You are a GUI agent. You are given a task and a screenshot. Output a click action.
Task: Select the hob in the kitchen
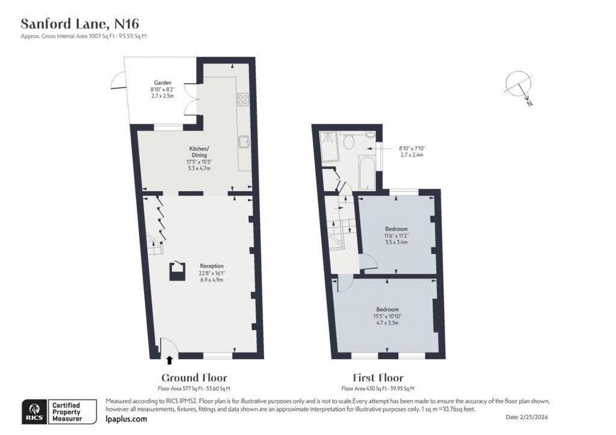(244, 100)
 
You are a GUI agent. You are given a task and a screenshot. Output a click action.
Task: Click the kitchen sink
(244, 142)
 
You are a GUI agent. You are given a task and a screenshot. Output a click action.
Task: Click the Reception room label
(212, 265)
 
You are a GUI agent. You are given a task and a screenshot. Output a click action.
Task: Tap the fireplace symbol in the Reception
(176, 272)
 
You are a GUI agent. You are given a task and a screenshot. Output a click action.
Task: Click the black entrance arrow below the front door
(169, 360)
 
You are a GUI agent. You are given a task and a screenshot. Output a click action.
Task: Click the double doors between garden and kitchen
(190, 99)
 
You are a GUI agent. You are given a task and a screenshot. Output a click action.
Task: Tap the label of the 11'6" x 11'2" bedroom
(396, 229)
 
